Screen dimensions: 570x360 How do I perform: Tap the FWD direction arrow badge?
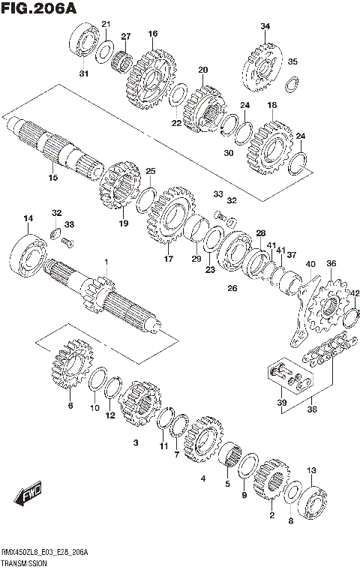pos(28,495)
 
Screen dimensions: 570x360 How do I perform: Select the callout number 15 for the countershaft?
pos(52,178)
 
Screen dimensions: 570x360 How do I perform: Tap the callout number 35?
pos(292,61)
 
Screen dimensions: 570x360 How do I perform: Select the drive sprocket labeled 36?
pos(330,307)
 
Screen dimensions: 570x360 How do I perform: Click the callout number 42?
pos(355,293)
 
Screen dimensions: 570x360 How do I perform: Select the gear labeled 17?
pos(169,218)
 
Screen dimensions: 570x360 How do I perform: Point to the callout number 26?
pos(232,288)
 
